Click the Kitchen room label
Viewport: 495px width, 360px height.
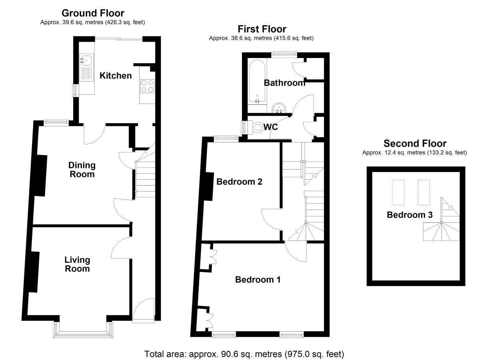pos(116,76)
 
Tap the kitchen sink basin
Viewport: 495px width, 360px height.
pos(87,60)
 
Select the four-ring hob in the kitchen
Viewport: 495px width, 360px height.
pos(148,86)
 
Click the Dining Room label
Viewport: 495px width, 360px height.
pos(82,170)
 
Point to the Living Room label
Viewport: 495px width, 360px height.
pos(77,264)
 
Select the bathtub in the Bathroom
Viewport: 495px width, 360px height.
pos(257,81)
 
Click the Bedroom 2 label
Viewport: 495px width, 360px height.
pos(240,182)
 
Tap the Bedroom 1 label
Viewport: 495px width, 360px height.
pos(258,280)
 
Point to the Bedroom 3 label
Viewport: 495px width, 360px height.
pos(410,215)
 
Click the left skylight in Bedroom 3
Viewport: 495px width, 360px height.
pos(398,192)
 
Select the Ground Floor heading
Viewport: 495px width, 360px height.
pos(93,13)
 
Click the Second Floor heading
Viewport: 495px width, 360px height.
pos(415,143)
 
